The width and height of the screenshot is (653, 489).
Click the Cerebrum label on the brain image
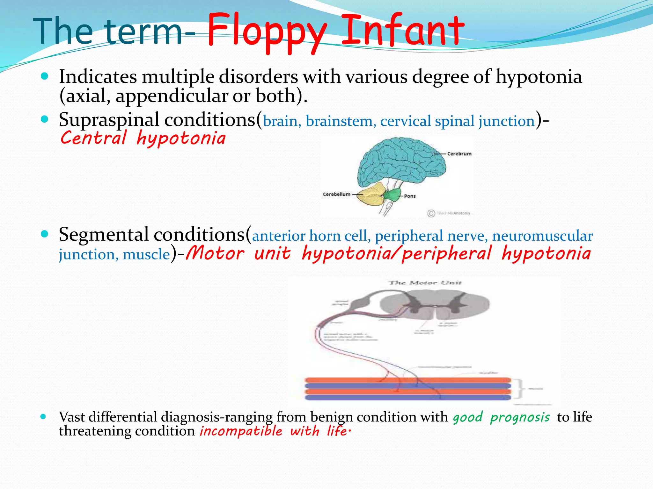pyautogui.click(x=459, y=154)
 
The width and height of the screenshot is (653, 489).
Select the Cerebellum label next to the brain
pyautogui.click(x=336, y=194)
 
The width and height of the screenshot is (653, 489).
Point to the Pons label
pyautogui.click(x=410, y=196)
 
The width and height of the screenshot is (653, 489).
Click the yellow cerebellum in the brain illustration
pyautogui.click(x=370, y=194)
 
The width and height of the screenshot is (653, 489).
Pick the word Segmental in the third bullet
pyautogui.click(x=104, y=235)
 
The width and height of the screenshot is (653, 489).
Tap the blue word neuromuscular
pyautogui.click(x=542, y=236)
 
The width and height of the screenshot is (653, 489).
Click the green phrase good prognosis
pyautogui.click(x=501, y=417)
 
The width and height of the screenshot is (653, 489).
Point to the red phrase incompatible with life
pyautogui.click(x=275, y=431)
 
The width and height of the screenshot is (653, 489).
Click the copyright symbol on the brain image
pyautogui.click(x=431, y=213)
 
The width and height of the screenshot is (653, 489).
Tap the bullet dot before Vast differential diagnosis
pyautogui.click(x=43, y=416)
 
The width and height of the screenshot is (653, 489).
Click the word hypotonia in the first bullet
pyautogui.click(x=539, y=77)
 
